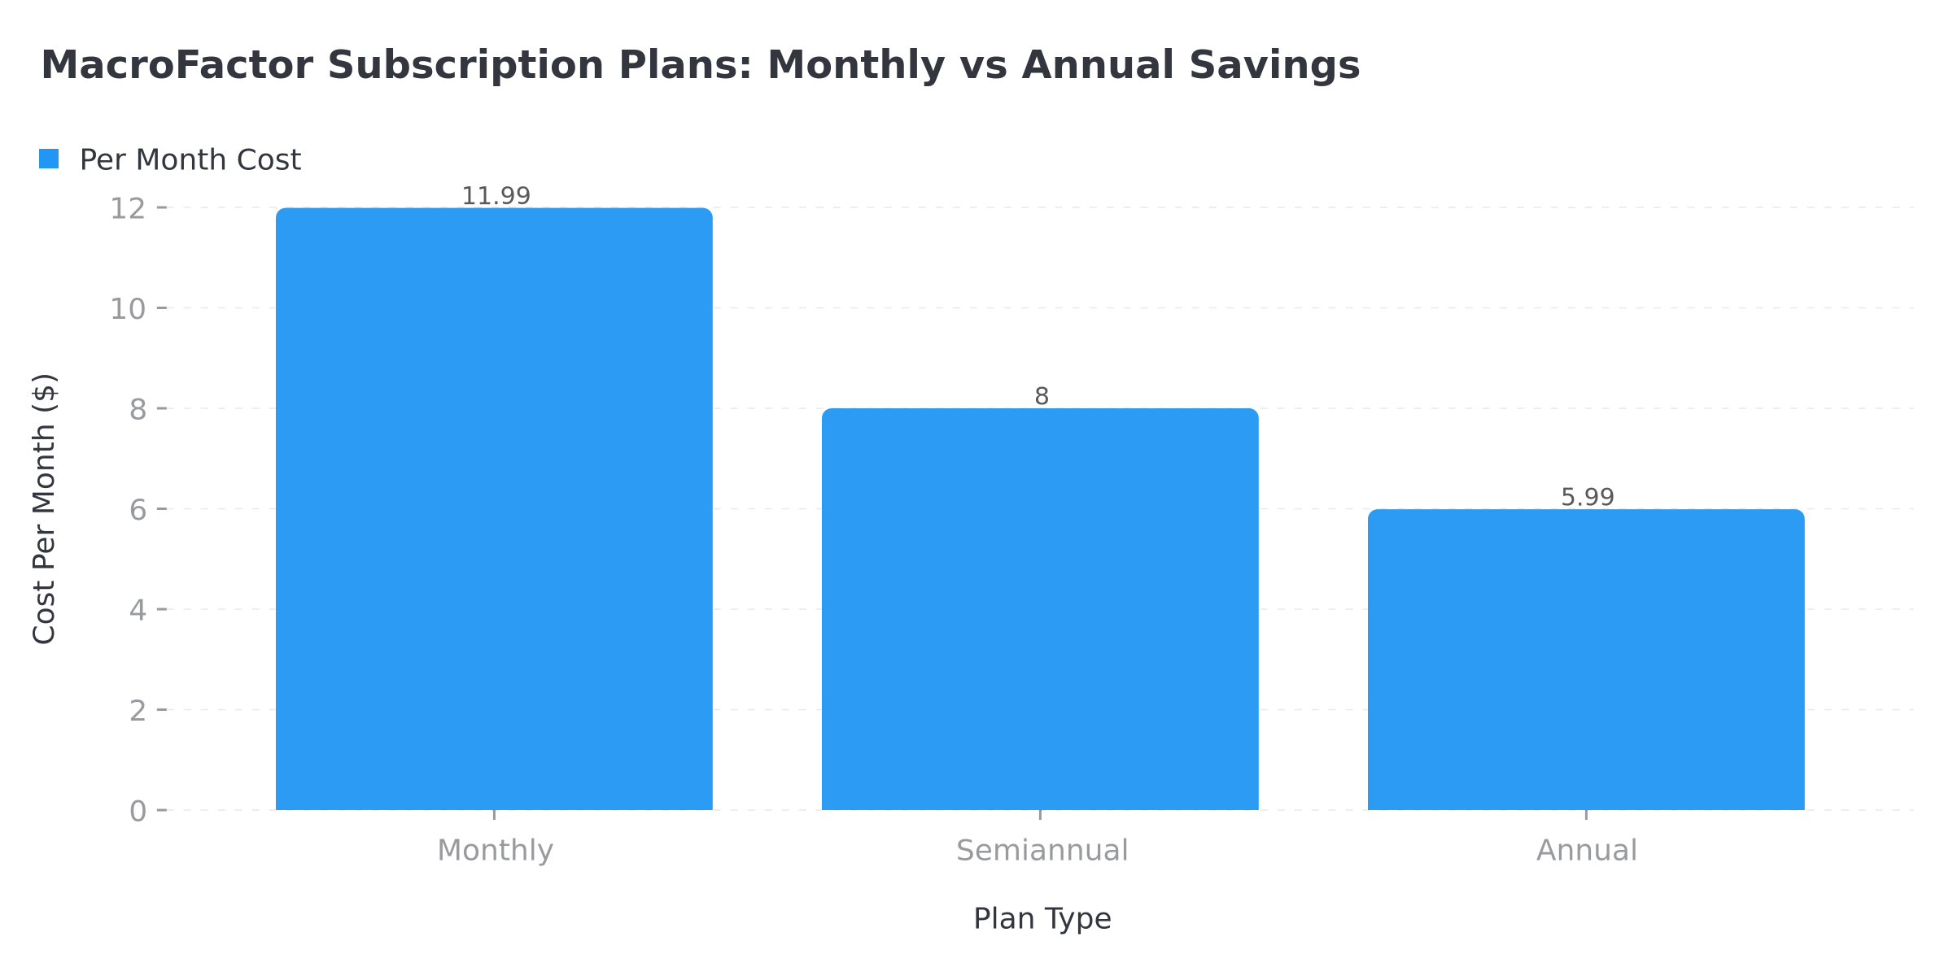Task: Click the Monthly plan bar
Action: coord(494,509)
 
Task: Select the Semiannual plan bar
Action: coord(1040,609)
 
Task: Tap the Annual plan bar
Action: coord(1586,660)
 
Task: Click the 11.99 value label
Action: coord(496,196)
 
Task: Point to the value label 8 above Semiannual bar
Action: coord(1042,397)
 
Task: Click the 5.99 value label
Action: coord(1587,497)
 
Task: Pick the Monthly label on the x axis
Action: coord(495,851)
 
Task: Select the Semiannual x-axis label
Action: coord(1042,851)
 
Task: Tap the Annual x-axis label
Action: coord(1586,851)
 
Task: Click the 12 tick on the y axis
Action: coord(128,209)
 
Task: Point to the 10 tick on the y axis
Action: coord(128,309)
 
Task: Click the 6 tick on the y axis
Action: coord(138,510)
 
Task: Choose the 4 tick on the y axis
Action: coord(138,610)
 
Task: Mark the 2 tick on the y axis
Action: coord(138,711)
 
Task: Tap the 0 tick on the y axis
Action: coord(138,811)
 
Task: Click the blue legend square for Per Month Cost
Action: coord(49,159)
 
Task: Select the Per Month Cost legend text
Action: coord(190,160)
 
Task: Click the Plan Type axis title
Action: coord(1042,919)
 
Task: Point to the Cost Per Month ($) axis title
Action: coord(45,509)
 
